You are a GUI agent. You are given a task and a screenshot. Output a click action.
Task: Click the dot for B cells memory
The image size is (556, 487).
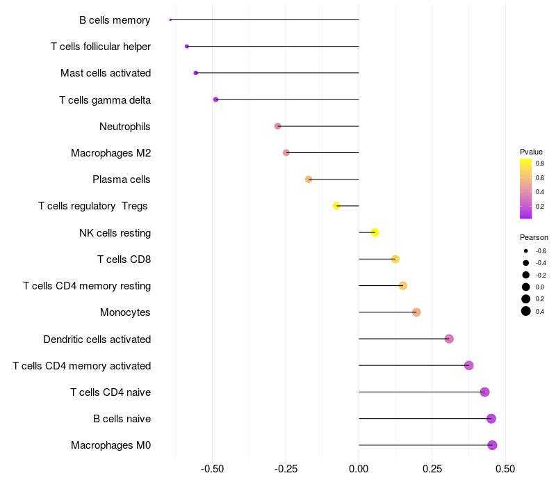point(170,19)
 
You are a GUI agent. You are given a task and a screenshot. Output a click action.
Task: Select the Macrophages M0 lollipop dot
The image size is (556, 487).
point(492,445)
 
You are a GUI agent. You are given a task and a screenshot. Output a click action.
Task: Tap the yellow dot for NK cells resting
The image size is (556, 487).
point(375,232)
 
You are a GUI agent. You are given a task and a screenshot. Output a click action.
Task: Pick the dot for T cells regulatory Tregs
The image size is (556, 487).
point(336,206)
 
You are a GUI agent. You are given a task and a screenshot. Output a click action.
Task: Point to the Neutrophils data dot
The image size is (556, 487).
point(278,126)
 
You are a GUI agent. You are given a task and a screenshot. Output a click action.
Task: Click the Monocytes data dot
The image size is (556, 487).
point(416,312)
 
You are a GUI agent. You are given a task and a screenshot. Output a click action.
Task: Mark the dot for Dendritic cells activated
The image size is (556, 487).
point(449,339)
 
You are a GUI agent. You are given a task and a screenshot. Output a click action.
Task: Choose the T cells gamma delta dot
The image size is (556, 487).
point(215,99)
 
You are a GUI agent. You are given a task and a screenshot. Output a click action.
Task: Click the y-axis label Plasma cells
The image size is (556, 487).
point(122,179)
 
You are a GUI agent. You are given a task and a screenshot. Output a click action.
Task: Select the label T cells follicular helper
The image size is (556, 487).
point(101,47)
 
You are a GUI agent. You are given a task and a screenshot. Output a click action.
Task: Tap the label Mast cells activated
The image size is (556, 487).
point(106,73)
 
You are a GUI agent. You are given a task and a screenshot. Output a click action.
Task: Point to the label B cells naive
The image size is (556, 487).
point(122,419)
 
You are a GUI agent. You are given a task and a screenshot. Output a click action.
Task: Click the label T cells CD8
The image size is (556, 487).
point(124,260)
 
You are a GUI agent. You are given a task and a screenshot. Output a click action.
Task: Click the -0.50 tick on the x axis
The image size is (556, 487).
point(212,470)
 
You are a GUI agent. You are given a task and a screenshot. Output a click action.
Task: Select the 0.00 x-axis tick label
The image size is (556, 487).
point(359,470)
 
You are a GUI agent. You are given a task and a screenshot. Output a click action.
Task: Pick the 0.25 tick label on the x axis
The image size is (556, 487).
point(432,470)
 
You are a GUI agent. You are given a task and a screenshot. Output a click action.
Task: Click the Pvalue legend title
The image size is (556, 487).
point(531,152)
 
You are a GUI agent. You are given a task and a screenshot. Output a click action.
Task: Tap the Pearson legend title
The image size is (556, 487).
point(534,237)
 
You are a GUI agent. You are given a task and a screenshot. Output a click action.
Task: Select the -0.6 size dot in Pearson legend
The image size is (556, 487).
point(526,250)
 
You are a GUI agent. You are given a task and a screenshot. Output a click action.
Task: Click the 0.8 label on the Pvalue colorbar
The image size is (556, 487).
point(539,163)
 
